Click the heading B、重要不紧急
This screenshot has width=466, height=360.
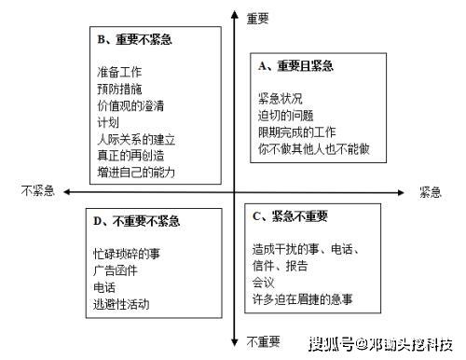pos(134,39)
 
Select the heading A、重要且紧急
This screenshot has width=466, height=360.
pos(295,66)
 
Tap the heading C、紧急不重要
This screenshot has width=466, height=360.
pos(290,216)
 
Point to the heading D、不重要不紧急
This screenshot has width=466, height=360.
pos(137,221)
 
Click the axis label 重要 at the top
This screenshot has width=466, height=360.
pos(257,19)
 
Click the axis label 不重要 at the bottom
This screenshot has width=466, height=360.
pos(264,341)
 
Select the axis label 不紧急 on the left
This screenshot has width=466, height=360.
pos(38,190)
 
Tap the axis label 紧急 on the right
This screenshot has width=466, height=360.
pos(431,192)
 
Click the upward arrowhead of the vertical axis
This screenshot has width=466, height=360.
pos(235,14)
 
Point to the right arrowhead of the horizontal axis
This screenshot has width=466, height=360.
pos(401,193)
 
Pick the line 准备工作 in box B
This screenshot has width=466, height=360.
pos(119,72)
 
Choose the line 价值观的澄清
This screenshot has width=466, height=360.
pos(130,105)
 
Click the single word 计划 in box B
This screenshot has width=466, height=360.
pos(108,122)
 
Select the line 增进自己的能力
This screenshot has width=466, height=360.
pos(136,173)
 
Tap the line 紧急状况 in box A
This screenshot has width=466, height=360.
pos(281,99)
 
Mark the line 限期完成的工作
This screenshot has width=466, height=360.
pos(297,132)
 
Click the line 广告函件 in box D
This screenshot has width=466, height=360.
pos(116,270)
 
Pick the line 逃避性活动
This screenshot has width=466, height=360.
pos(121,304)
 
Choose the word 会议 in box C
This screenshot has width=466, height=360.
pos(264,283)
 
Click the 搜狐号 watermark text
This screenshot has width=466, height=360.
pos(332,344)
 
